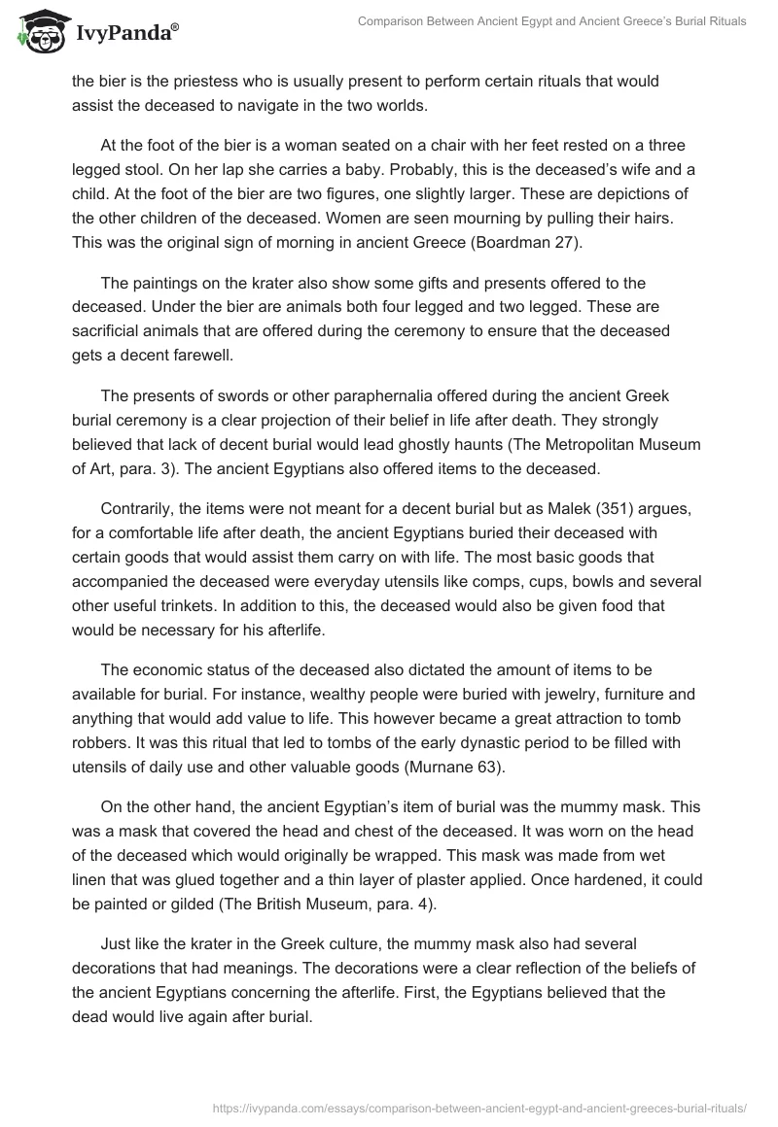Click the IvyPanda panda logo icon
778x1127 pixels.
tap(36, 32)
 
